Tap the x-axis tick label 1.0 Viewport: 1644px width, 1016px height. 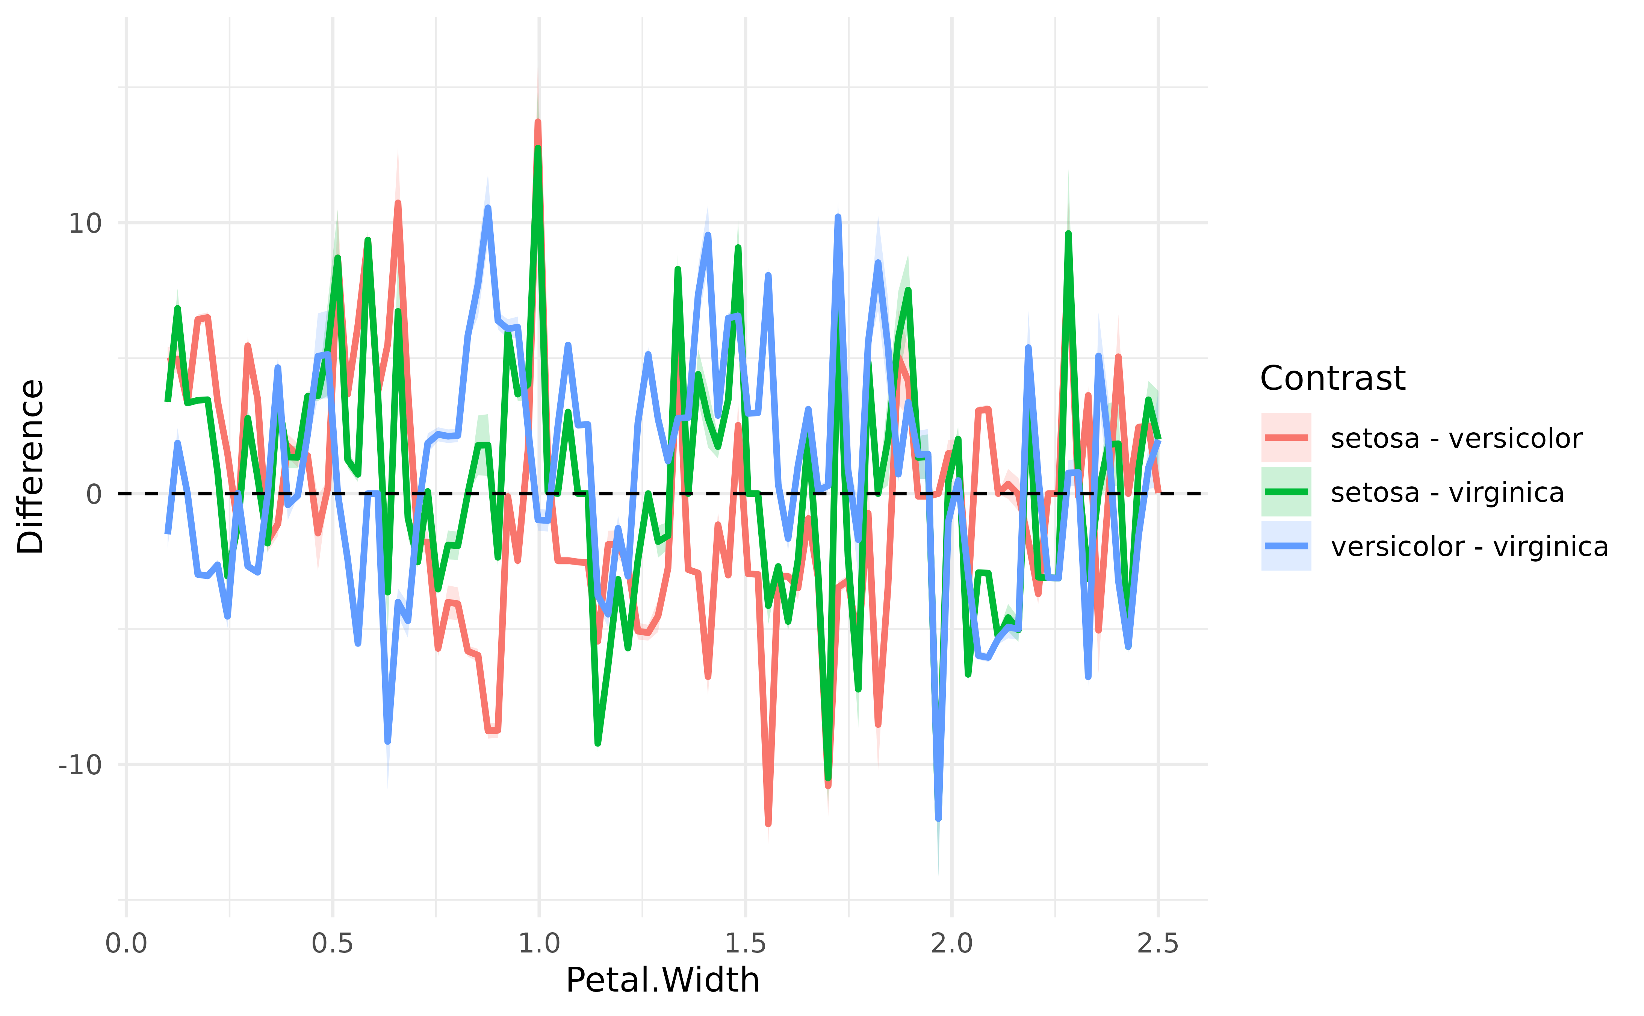(538, 944)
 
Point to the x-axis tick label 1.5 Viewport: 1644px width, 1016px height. (745, 944)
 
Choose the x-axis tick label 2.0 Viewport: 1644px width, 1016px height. (951, 944)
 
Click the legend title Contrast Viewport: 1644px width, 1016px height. (1332, 378)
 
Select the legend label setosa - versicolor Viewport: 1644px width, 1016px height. (1456, 438)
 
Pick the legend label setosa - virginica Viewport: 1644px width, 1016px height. (1447, 492)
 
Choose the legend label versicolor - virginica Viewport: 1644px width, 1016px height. (1469, 547)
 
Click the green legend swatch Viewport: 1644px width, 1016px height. (1286, 492)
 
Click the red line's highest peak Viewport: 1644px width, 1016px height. (538, 122)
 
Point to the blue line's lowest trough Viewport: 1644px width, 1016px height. (938, 818)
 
